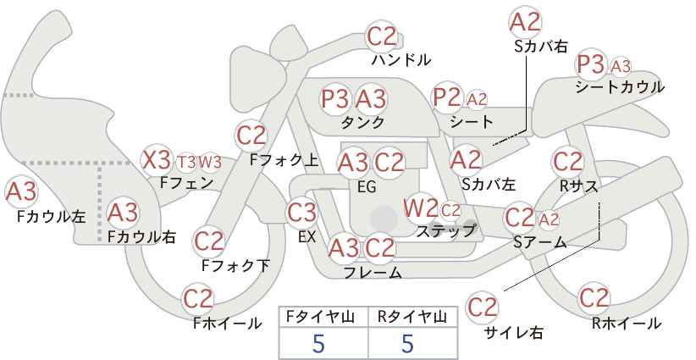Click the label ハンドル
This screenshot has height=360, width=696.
click(401, 59)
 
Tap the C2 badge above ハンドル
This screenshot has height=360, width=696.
click(382, 37)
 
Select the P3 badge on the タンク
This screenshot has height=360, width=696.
click(336, 98)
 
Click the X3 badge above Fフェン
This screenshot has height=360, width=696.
click(157, 160)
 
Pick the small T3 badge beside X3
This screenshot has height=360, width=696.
click(186, 163)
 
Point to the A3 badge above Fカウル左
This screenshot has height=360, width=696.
click(21, 191)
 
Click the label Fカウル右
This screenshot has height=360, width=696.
click(142, 236)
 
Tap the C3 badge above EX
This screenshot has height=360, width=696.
click(301, 213)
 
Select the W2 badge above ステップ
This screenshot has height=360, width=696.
click(420, 208)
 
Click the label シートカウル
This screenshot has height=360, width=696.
click(620, 87)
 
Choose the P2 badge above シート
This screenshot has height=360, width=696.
click(447, 97)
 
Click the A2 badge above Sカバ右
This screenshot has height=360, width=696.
click(526, 22)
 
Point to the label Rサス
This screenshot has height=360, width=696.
click(579, 186)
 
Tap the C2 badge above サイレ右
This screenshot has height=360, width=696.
click(482, 307)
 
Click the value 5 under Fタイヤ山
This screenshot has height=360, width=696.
click(318, 343)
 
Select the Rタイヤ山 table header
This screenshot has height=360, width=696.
click(412, 317)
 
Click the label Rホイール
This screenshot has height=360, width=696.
click(627, 324)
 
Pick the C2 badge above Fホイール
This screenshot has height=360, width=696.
click(198, 299)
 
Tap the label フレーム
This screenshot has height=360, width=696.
click(373, 272)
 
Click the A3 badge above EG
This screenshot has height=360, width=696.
click(353, 163)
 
